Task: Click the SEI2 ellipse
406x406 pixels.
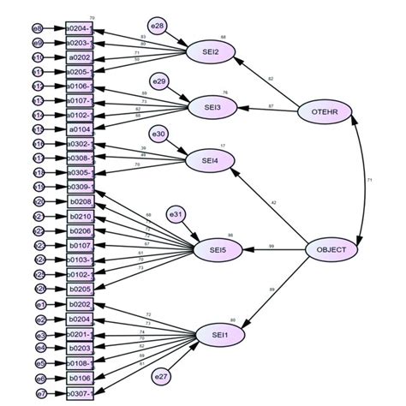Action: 209,51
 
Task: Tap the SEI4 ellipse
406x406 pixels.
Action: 209,159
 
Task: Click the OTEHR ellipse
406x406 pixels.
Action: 323,110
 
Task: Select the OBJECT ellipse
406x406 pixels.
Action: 331,249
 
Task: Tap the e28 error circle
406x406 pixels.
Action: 158,26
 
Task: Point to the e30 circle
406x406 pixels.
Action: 159,134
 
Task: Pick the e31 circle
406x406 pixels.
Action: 175,213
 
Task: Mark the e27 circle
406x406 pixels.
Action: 160,376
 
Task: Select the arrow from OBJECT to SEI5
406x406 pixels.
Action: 276,250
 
